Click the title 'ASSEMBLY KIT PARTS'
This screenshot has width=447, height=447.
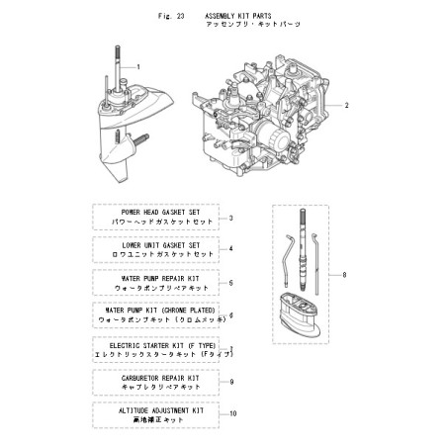coord(237,17)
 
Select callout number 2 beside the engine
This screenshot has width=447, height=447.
coord(347,105)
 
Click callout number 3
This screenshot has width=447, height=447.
coord(230,219)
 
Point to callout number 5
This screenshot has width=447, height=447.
coord(230,283)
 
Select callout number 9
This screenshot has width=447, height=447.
coord(230,381)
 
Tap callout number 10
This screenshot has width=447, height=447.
coord(233,413)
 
